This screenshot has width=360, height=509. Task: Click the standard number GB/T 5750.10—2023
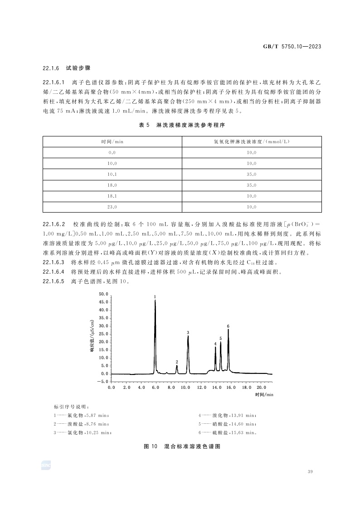[295, 47]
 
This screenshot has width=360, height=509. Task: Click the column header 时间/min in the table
[112, 141]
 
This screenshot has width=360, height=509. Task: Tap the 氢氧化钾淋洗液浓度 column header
[251, 141]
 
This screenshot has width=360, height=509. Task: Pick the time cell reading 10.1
[112, 174]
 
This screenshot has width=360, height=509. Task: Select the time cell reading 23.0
[112, 207]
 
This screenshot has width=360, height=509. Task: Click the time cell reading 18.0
[112, 185]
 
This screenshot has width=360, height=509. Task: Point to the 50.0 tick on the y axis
[103, 294]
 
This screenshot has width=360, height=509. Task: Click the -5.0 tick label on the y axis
[102, 382]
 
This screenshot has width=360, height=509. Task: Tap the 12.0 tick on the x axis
[201, 388]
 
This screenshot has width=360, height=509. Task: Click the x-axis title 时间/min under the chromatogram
[264, 395]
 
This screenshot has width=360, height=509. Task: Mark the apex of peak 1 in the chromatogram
[155, 301]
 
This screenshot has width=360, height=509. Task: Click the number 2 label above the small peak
[177, 362]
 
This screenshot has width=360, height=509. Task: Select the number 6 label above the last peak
[228, 326]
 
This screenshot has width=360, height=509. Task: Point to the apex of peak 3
[188, 336]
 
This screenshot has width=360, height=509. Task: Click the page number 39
[310, 472]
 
